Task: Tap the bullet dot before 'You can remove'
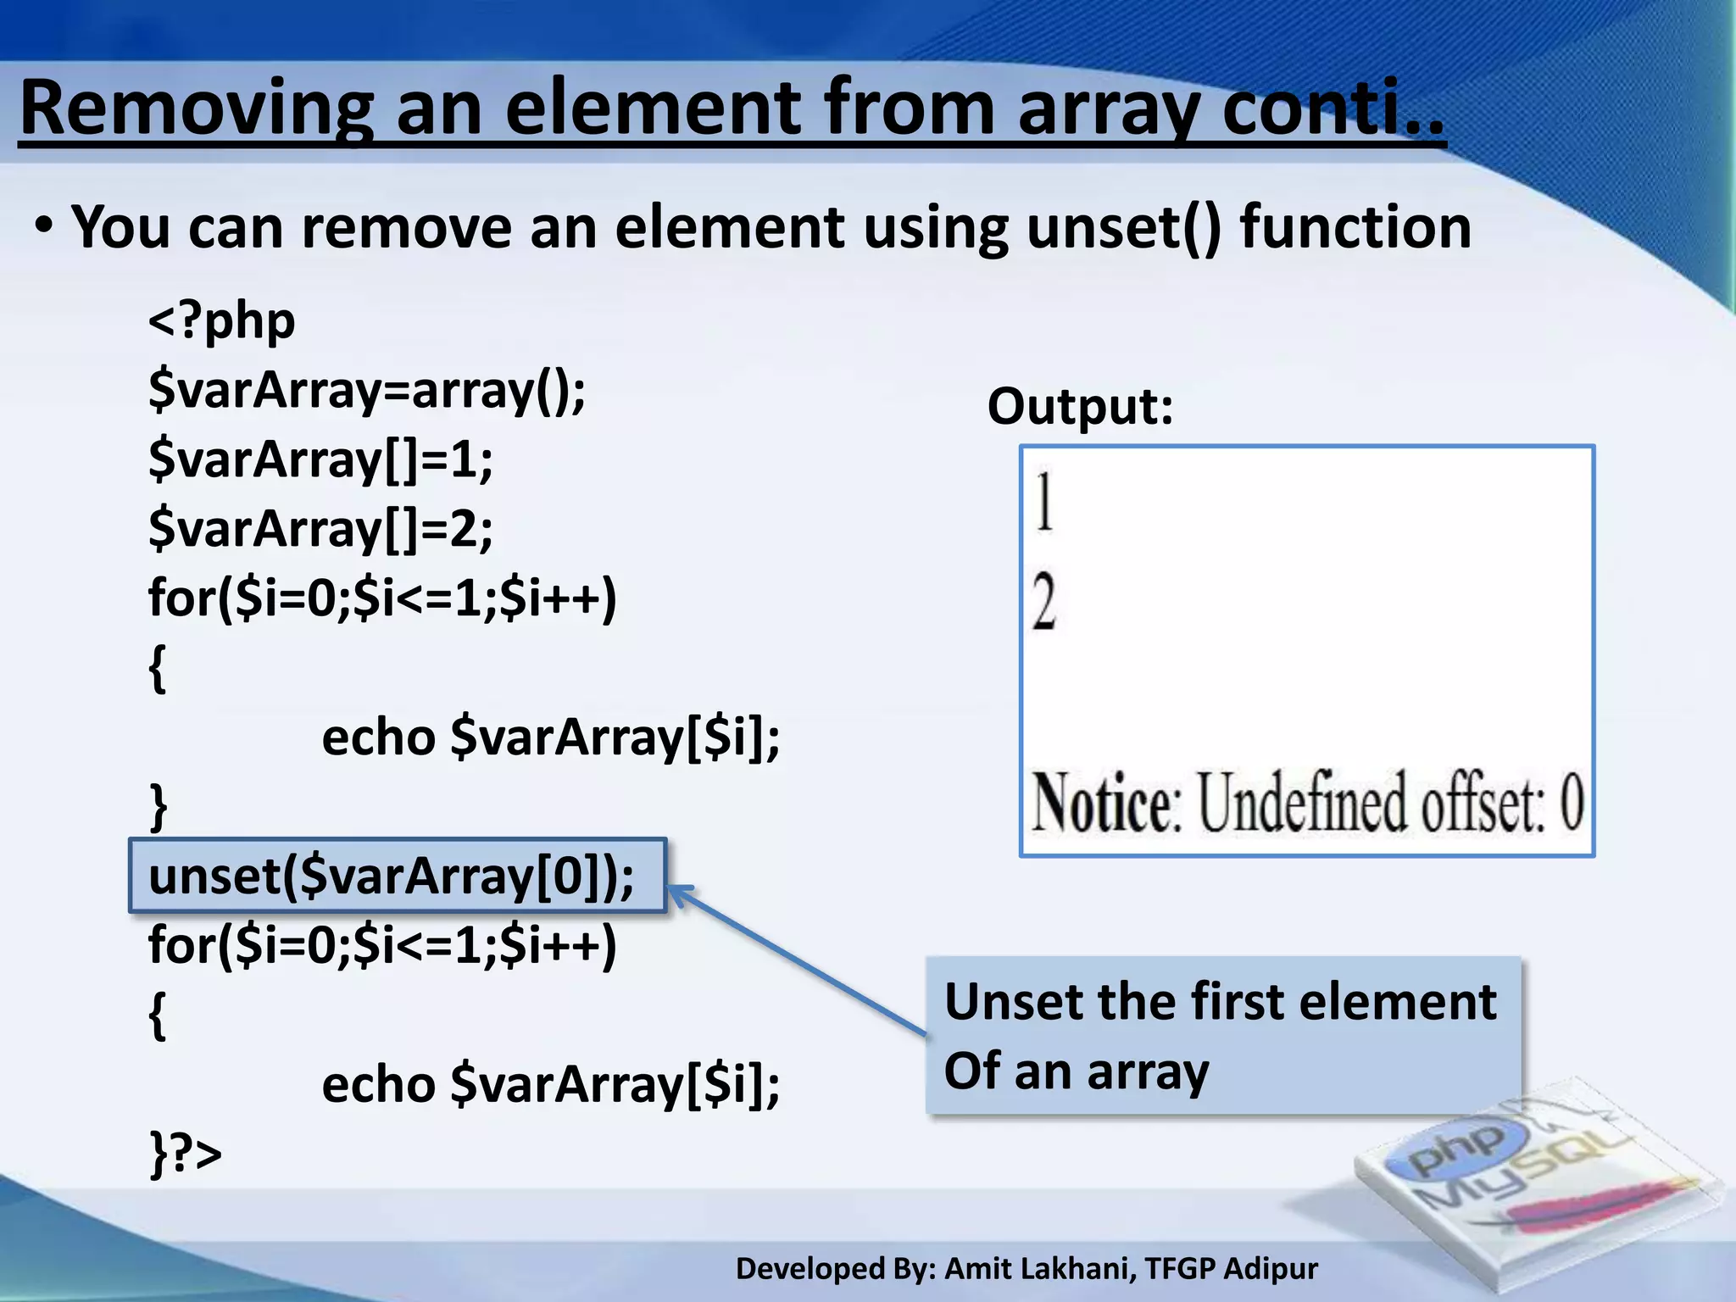(x=44, y=227)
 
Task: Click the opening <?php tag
(x=222, y=321)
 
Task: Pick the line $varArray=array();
(x=366, y=391)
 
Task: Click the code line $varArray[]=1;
(x=320, y=460)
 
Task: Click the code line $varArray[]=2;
(x=320, y=530)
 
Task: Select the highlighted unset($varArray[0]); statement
(x=392, y=876)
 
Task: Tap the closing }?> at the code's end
(x=186, y=1154)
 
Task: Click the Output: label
(x=1080, y=407)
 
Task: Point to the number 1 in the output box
(x=1044, y=502)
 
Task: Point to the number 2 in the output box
(x=1044, y=602)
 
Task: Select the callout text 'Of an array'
(x=1077, y=1071)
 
